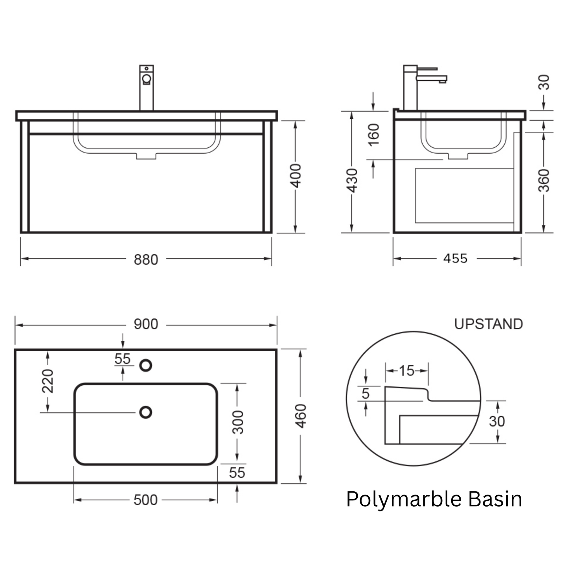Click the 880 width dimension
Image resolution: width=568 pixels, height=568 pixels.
tap(146, 260)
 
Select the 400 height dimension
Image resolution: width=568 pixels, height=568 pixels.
tap(296, 176)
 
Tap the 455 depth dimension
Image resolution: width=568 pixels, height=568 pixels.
tap(456, 259)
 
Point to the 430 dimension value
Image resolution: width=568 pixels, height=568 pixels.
tap(352, 180)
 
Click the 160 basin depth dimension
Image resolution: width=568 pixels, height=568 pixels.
tap(374, 135)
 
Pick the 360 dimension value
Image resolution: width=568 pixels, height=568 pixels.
tap(544, 180)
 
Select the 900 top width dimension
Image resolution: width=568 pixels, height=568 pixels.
tap(146, 324)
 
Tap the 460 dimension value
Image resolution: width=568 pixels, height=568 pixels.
tap(301, 416)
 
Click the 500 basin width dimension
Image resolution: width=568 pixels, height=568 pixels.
tap(145, 500)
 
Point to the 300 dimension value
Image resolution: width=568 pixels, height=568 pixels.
tap(238, 423)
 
